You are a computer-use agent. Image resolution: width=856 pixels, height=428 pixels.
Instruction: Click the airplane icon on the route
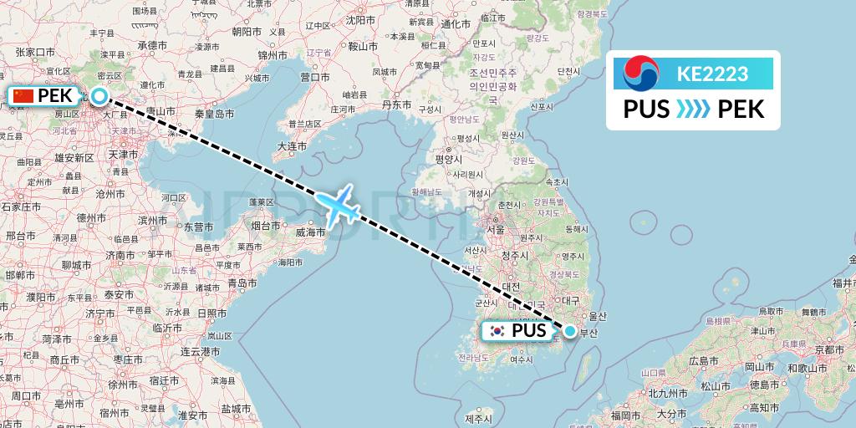tap(337, 205)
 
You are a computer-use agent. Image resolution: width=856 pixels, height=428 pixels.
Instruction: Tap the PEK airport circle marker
tap(99, 96)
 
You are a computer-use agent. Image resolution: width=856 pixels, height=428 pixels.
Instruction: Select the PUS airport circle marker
tap(570, 331)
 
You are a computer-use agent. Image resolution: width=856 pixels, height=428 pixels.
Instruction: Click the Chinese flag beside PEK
tap(23, 96)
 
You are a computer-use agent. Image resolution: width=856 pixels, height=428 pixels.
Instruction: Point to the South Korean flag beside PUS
tap(498, 332)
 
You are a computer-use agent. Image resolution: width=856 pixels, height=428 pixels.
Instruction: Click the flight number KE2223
tap(712, 74)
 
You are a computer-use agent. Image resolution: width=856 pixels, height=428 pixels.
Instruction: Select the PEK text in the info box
tap(741, 109)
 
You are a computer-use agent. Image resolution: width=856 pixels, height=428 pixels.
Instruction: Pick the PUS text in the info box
tap(646, 109)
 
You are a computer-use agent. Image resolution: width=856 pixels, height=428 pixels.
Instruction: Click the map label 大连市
tap(292, 146)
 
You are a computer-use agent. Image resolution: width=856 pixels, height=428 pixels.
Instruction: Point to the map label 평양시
tap(449, 158)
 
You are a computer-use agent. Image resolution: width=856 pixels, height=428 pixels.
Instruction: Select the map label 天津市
tap(123, 155)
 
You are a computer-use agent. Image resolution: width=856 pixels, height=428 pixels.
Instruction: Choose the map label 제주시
tap(479, 418)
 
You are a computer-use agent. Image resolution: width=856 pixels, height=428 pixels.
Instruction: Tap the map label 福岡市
tap(625, 414)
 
